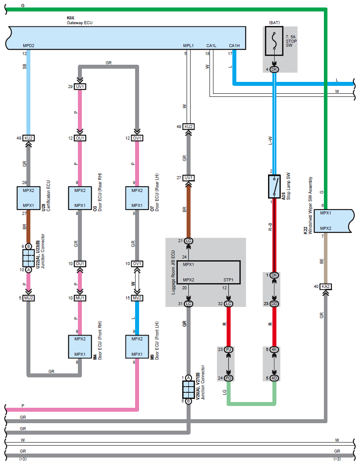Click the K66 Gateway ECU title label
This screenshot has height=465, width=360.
click(x=79, y=20)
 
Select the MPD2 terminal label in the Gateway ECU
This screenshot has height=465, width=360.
click(x=29, y=46)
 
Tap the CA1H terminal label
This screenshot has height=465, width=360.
click(x=234, y=46)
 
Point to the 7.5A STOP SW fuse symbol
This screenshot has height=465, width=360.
click(x=274, y=41)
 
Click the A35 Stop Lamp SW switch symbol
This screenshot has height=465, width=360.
click(x=274, y=186)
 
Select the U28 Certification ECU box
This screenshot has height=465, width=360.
click(x=29, y=198)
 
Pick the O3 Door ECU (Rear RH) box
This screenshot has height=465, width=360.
click(x=80, y=198)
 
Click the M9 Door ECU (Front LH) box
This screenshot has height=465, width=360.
click(x=137, y=347)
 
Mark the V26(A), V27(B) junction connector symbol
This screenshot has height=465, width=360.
click(x=188, y=389)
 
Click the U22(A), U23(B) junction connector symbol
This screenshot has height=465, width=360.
click(x=29, y=258)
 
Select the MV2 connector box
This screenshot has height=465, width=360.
click(x=137, y=298)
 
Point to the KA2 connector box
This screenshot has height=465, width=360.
click(x=325, y=287)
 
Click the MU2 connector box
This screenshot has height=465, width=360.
click(x=29, y=298)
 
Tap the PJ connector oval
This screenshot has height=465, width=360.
click(x=228, y=350)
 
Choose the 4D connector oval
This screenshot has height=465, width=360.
click(x=274, y=378)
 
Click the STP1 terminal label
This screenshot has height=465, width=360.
click(x=228, y=280)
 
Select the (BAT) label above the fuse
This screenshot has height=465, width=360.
click(x=274, y=22)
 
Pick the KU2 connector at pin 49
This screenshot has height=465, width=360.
click(x=188, y=127)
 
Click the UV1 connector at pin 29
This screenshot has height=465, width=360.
click(x=80, y=87)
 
